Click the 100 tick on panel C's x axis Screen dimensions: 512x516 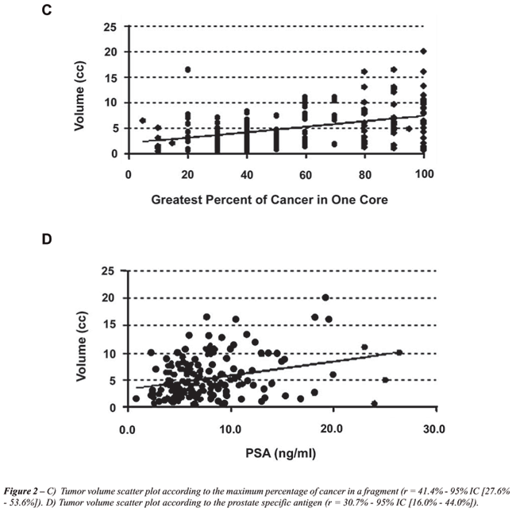coord(426,172)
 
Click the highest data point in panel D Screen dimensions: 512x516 coord(325,298)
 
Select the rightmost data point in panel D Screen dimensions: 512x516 coord(399,352)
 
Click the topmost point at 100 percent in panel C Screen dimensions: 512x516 coord(426,52)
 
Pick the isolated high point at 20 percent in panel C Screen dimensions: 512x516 coord(188,70)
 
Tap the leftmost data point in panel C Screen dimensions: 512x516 coord(143,121)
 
